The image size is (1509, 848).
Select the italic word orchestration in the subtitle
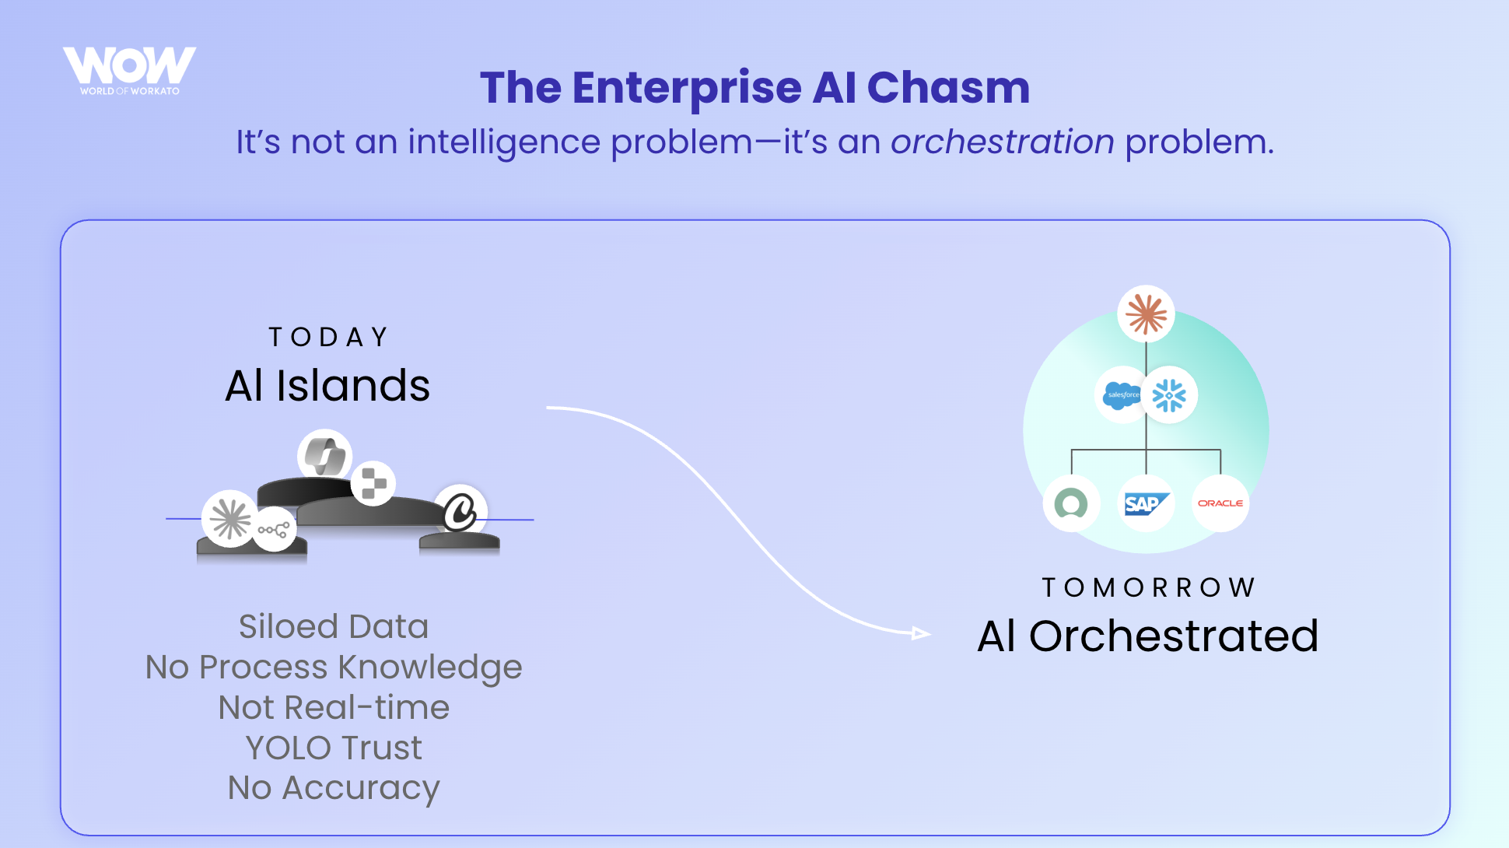(x=1002, y=142)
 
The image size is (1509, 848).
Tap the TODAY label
(x=328, y=338)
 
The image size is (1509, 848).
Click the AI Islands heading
(x=327, y=386)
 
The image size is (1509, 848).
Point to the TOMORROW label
(x=1148, y=587)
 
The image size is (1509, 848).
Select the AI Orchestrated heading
(x=1148, y=636)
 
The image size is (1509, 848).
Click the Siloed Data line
(x=334, y=627)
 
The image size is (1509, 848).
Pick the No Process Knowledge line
(x=334, y=668)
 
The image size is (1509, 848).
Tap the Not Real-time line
(x=334, y=708)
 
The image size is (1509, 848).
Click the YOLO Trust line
(x=334, y=748)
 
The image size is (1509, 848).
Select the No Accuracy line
(x=334, y=788)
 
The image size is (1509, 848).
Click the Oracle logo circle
(x=1220, y=503)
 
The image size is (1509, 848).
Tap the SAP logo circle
(x=1146, y=503)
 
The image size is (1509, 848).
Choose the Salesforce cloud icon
(x=1122, y=395)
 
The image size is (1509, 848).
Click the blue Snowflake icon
(x=1169, y=395)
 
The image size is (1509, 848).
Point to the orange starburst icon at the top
(x=1146, y=314)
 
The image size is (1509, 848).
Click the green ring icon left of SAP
(x=1071, y=503)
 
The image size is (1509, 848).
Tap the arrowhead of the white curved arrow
(x=922, y=633)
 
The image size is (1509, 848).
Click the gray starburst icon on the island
(x=230, y=519)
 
